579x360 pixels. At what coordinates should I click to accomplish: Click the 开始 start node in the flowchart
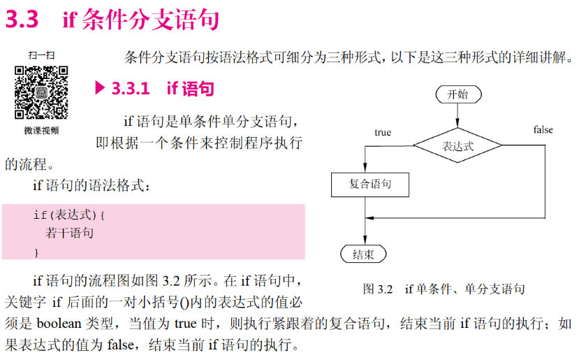coord(457,94)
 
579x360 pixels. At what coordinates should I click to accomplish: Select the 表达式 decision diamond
coord(457,146)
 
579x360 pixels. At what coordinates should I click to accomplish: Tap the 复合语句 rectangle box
coord(369,185)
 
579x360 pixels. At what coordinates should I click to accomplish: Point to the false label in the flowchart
coord(543,130)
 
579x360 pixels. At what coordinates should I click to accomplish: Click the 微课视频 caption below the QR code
coord(41,130)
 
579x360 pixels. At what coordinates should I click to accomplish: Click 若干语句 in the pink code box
coord(70,233)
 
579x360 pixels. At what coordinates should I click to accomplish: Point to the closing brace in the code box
coord(36,250)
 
